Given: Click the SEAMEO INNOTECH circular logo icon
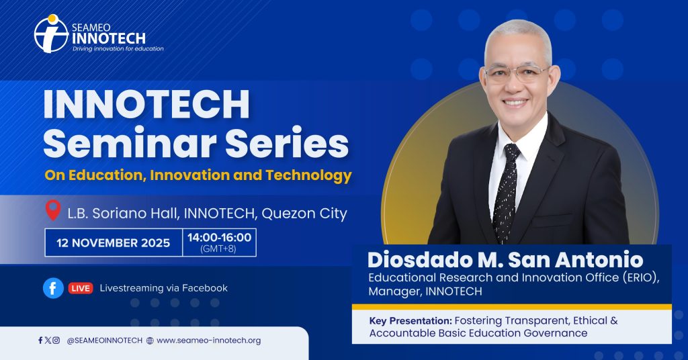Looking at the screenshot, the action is pos(51,34).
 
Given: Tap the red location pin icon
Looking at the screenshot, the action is pos(53,210).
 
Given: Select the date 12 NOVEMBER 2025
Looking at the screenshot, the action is pos(113,243).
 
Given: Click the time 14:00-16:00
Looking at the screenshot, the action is pos(220,238).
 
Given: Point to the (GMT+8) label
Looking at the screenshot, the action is pos(218,249).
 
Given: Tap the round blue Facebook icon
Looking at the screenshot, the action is pos(53,288).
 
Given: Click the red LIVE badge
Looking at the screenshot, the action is pos(81,288).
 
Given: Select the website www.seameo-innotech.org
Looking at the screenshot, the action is pos(208,341).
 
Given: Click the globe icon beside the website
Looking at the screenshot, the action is pos(150,341).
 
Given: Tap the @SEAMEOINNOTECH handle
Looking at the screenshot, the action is pos(104,341).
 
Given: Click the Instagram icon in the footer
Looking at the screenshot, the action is pos(56,341).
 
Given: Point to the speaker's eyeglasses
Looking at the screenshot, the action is pos(517,74).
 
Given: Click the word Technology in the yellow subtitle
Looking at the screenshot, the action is pos(308,175).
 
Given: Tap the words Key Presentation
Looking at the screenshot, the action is pos(411,321).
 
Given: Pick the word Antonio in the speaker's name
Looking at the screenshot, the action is pos(599,260).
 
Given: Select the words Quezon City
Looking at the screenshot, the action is pos(304,214).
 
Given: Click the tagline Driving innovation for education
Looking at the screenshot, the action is pos(118,48).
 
